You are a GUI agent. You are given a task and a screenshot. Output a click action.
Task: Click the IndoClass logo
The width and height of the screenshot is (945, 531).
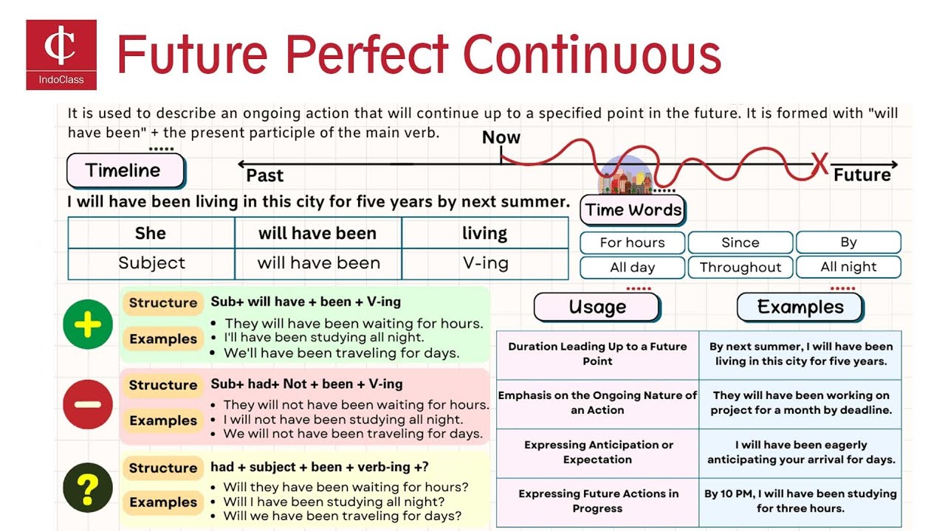(x=61, y=55)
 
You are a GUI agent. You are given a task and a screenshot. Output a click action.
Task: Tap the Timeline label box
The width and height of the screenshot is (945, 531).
(x=124, y=170)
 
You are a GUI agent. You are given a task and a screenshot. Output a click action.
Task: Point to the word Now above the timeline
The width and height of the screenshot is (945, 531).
(x=501, y=138)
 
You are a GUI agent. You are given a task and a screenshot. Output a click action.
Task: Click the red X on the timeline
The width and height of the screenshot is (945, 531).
(x=819, y=164)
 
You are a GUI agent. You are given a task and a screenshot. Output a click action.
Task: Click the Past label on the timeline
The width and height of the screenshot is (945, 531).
(x=264, y=176)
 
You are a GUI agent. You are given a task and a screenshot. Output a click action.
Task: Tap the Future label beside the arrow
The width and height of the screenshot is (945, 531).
(x=862, y=176)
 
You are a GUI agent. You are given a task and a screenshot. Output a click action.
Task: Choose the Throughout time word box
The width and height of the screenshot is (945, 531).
(x=740, y=267)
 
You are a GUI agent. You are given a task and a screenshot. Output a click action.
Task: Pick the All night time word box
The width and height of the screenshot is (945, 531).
(x=848, y=267)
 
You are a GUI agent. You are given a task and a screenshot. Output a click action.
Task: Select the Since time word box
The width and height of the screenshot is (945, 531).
(x=740, y=243)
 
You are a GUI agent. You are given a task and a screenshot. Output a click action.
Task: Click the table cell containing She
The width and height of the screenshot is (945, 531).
(x=151, y=233)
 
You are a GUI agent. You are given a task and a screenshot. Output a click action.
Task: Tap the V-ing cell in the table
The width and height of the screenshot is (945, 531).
(x=485, y=263)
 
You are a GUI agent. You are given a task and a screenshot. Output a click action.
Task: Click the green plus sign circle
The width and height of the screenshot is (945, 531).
(x=88, y=324)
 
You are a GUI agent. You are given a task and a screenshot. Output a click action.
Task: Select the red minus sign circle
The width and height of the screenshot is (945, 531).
(x=88, y=405)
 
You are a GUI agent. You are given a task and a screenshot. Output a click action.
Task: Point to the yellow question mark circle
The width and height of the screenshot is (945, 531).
(x=88, y=487)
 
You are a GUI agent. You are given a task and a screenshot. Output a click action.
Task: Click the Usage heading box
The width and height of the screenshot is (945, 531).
(x=597, y=308)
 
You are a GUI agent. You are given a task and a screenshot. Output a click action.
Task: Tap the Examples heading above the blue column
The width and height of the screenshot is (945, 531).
(x=800, y=308)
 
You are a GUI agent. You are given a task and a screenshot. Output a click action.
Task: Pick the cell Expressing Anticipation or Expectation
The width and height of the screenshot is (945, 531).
(x=597, y=452)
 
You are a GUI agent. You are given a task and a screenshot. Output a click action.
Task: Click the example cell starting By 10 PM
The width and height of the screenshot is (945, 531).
(x=800, y=501)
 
